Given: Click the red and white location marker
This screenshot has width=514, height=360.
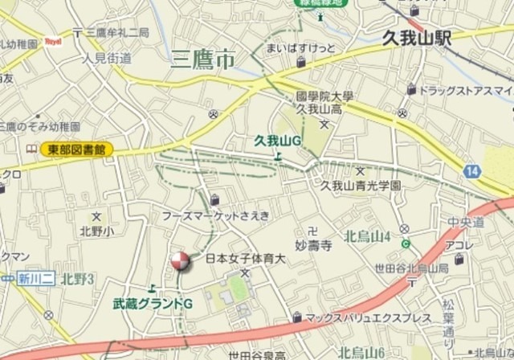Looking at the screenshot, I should click(179, 262).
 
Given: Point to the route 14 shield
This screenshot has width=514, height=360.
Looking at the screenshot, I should click(472, 170).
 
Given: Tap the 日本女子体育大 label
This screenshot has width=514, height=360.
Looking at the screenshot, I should click(246, 259).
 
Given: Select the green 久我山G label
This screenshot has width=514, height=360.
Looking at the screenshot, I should click(277, 141).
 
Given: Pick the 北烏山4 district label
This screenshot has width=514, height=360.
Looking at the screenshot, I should click(367, 236).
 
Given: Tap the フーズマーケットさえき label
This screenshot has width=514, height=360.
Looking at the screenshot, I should click(216, 215).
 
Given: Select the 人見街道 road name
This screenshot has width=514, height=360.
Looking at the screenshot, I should click(107, 57).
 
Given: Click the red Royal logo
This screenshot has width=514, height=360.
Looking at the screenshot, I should click(53, 40).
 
